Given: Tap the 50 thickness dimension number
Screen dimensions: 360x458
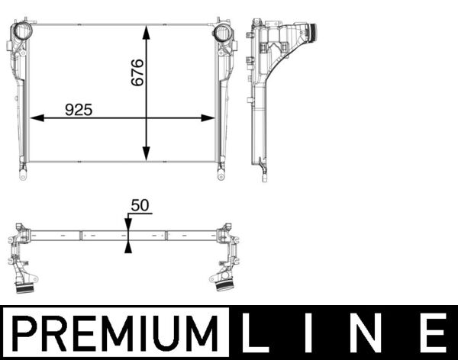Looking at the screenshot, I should click(x=140, y=206).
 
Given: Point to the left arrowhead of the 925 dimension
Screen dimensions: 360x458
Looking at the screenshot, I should click(x=35, y=118).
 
